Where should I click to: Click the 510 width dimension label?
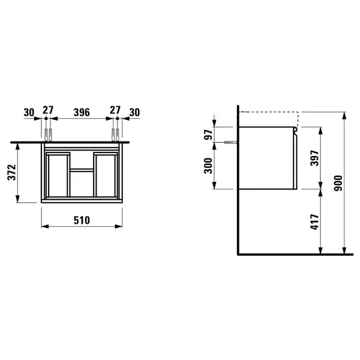(x=82, y=220)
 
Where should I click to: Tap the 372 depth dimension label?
(x=12, y=172)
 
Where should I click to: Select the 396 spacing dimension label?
(x=82, y=113)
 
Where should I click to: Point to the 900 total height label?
(x=338, y=183)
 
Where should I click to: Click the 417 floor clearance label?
(x=314, y=222)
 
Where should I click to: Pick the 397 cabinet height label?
(x=314, y=158)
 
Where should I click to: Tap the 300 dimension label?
(x=208, y=166)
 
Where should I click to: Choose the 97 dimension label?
(x=208, y=134)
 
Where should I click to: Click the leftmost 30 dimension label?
(x=29, y=113)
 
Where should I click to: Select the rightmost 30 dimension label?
(x=134, y=113)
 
